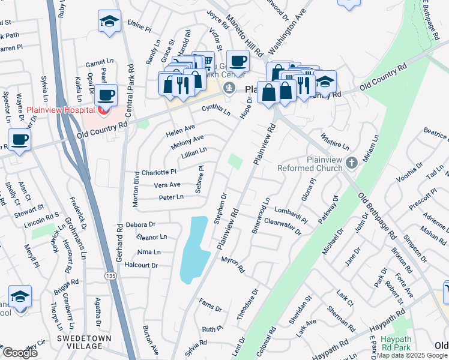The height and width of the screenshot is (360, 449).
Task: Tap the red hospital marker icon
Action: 103,110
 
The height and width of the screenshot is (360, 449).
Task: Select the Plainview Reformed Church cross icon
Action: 352,162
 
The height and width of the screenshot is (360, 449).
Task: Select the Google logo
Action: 20,352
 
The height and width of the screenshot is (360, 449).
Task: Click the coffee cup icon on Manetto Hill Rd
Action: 238,61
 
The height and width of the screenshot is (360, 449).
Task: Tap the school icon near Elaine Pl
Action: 109,22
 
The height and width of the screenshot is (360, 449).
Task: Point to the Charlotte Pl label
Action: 158,172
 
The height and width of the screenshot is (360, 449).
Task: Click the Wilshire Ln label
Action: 335,142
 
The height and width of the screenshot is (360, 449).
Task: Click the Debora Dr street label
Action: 142,224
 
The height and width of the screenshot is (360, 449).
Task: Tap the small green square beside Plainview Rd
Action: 236,161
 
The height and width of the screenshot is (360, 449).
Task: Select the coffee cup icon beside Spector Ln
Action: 19,140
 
